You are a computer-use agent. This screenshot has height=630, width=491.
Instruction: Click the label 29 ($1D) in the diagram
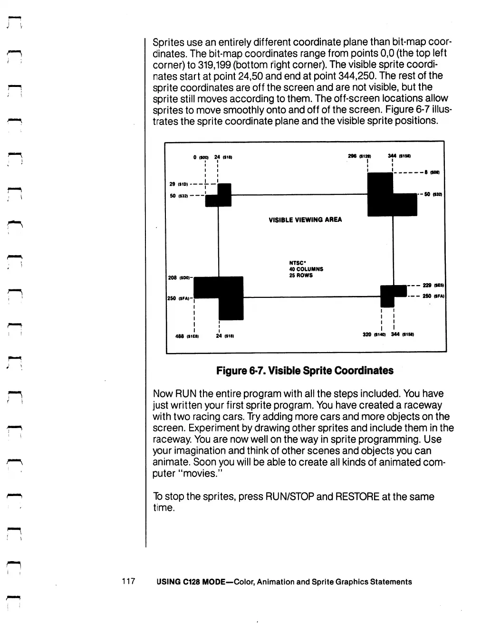[178, 184]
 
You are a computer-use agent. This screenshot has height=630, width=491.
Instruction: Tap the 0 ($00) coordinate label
[200, 157]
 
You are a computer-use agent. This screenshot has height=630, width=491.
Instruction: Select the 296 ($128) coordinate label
[359, 156]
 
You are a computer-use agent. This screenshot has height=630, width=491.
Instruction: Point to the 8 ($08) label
[432, 173]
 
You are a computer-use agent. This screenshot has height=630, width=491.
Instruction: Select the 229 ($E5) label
[433, 286]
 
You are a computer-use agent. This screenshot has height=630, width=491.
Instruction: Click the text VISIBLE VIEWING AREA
[305, 220]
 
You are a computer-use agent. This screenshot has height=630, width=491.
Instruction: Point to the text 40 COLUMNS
[306, 269]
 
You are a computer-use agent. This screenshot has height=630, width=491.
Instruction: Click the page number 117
[129, 581]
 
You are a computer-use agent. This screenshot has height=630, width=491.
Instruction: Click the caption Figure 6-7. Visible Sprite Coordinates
[305, 371]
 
